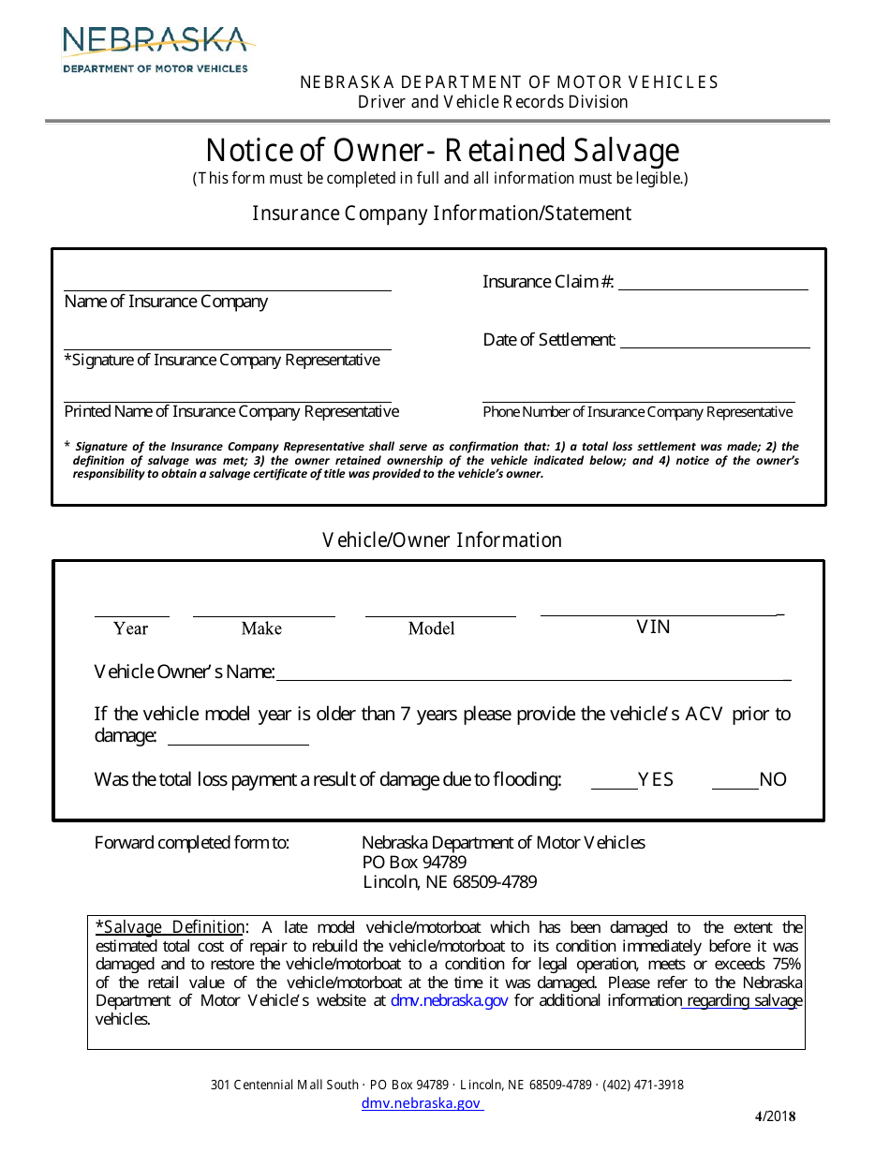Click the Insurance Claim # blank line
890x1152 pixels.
(713, 286)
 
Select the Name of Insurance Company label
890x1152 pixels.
(166, 302)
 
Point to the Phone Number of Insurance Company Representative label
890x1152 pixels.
(637, 412)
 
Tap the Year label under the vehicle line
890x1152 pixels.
(130, 628)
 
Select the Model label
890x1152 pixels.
(431, 628)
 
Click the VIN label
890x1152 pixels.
(653, 627)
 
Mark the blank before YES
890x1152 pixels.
(614, 784)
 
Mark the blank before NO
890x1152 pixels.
(734, 784)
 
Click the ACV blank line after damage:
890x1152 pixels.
(238, 740)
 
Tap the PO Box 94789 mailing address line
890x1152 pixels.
(414, 862)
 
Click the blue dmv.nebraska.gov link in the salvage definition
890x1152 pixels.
(449, 1001)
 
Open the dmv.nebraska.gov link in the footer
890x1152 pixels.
(422, 1103)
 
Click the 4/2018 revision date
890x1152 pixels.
(775, 1115)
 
